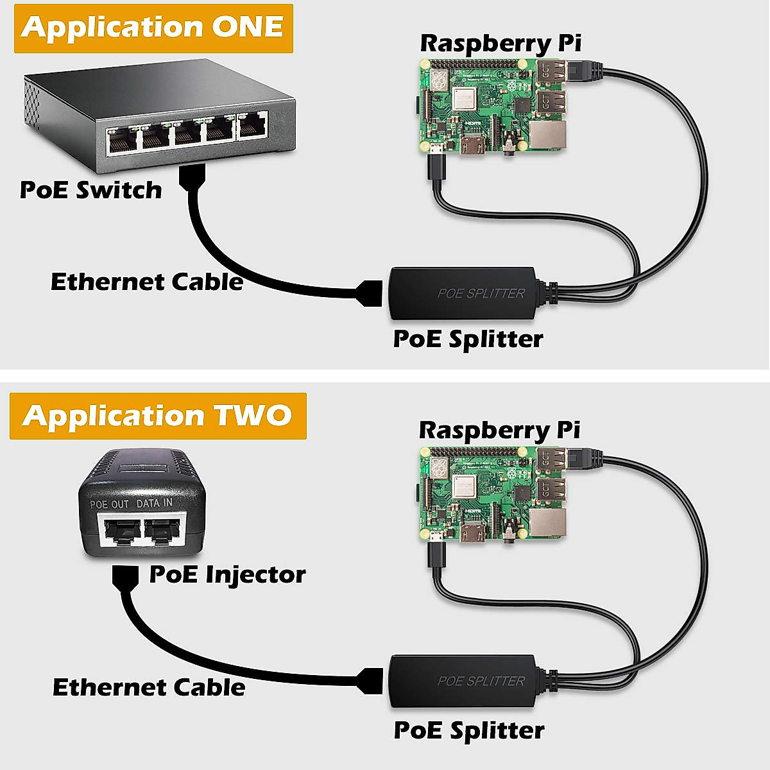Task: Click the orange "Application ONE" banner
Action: tap(153, 28)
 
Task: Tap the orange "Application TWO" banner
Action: tap(158, 416)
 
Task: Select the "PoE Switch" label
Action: tap(90, 190)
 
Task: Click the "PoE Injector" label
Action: tap(227, 574)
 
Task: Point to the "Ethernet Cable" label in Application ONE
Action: tap(147, 282)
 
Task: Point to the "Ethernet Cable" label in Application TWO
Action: tap(149, 687)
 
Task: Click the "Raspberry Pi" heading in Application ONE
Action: tap(501, 43)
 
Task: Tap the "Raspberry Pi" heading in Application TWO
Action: tap(499, 430)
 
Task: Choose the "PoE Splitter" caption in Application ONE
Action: tap(468, 339)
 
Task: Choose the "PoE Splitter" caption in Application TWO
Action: tap(469, 730)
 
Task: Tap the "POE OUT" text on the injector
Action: tap(109, 504)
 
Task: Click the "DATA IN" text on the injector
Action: tap(154, 504)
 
